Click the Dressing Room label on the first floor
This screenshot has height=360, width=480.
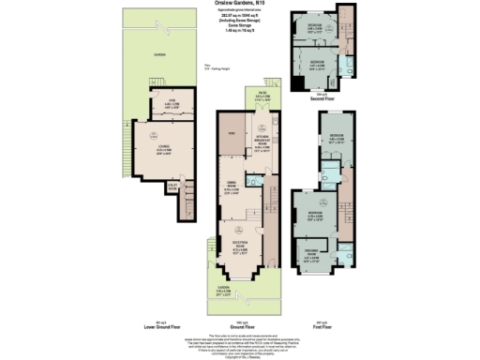coord(311,251)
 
